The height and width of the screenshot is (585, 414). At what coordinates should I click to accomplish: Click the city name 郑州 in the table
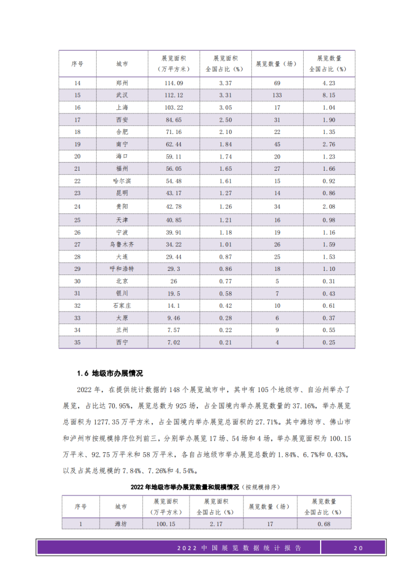click(122, 83)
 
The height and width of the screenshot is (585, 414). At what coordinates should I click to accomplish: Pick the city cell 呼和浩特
click(122, 269)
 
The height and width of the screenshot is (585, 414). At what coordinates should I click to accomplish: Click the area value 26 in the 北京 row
click(174, 281)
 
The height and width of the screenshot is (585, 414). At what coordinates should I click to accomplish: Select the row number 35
click(78, 343)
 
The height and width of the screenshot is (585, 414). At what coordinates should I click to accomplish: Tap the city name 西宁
click(122, 343)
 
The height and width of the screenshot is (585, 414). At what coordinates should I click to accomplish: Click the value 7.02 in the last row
click(174, 343)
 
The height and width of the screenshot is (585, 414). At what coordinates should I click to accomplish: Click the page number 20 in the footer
click(358, 548)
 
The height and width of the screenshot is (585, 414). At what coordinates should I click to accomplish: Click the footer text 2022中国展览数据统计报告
click(238, 548)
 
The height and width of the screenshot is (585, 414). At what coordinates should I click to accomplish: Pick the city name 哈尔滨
click(122, 181)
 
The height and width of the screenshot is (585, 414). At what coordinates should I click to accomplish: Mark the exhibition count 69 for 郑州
click(277, 83)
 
